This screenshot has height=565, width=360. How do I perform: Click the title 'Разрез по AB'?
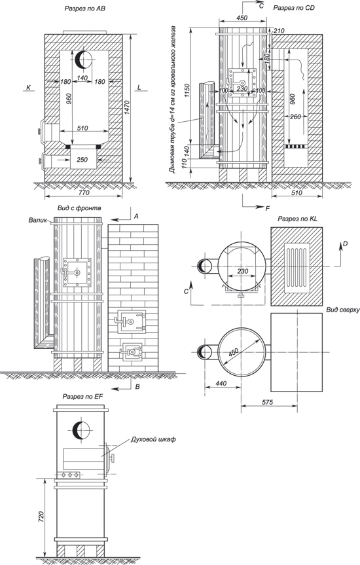click(x=84, y=9)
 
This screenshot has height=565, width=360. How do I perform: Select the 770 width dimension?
click(x=84, y=192)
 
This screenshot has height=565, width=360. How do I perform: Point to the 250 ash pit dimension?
click(x=82, y=159)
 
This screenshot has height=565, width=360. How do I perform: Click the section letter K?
click(x=28, y=87)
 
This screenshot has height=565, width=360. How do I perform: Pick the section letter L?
click(x=139, y=87)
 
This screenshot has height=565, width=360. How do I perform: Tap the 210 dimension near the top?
click(x=279, y=31)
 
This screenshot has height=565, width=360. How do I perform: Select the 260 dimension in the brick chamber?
click(x=295, y=117)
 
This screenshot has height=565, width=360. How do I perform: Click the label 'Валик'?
click(x=37, y=220)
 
